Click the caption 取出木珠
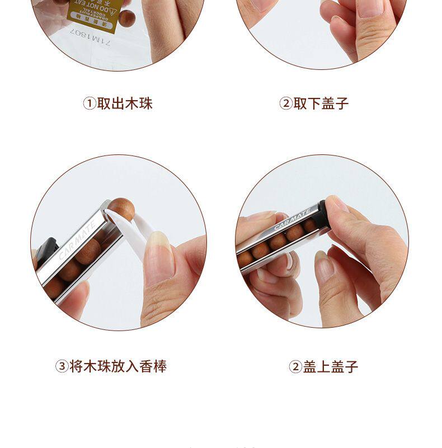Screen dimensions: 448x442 [125, 103]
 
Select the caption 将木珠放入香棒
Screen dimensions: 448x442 [118, 366]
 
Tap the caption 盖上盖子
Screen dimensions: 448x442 [330, 367]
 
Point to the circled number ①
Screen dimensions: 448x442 [89, 104]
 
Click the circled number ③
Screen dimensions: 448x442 [61, 367]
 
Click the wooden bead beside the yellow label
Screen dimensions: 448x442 [126, 18]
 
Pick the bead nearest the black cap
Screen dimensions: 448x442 [310, 225]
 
